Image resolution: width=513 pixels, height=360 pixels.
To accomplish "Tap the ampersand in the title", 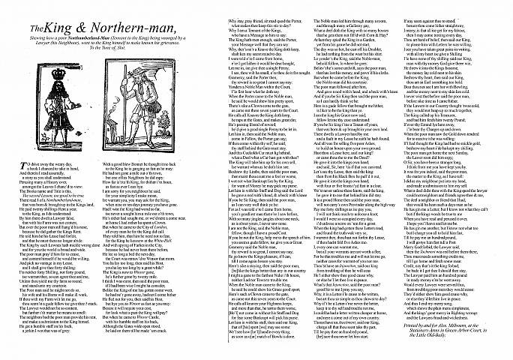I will click(x=80, y=15).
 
